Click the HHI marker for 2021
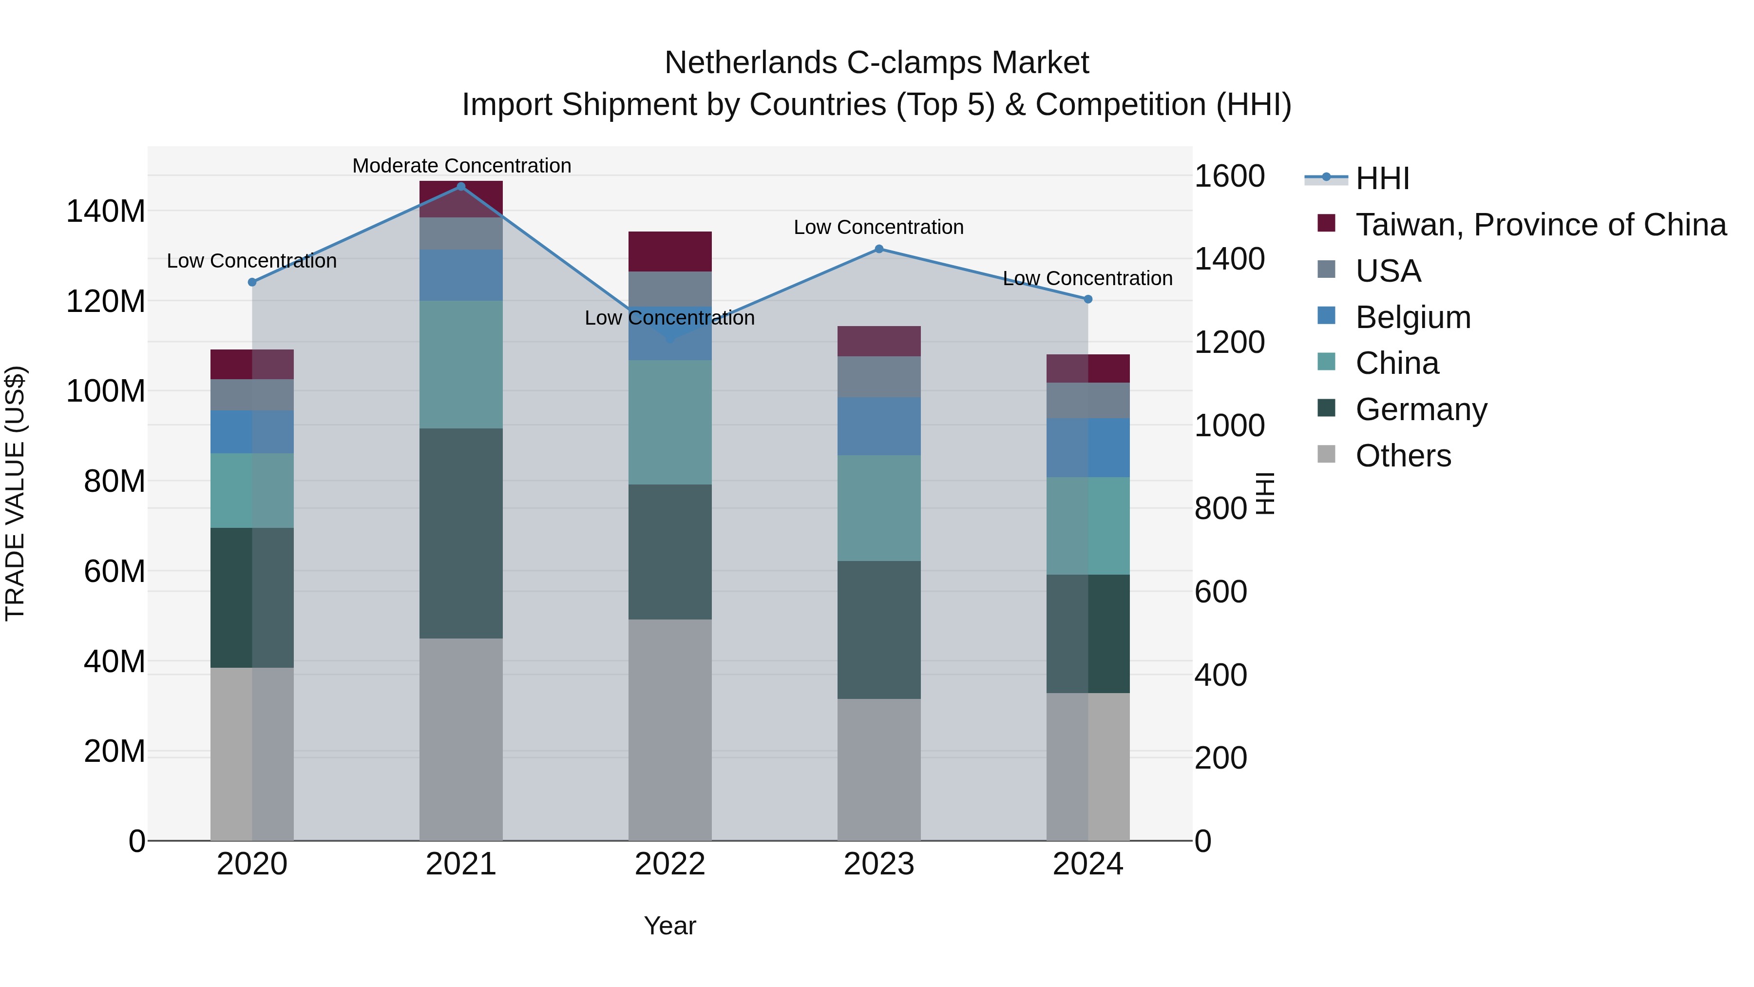461,187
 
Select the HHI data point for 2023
879,249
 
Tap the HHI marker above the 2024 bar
1088,299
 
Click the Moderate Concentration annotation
462,166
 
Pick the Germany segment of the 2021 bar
461,533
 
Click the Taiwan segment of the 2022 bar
670,252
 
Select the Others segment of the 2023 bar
879,769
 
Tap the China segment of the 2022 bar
670,422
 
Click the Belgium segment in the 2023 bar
879,426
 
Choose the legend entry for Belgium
1413,317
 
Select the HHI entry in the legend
1382,178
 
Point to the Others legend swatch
1326,454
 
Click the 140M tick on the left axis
106,211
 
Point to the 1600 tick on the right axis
1230,176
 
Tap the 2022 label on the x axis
670,864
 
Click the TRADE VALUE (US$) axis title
16,493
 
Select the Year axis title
670,926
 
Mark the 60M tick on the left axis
114,572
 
